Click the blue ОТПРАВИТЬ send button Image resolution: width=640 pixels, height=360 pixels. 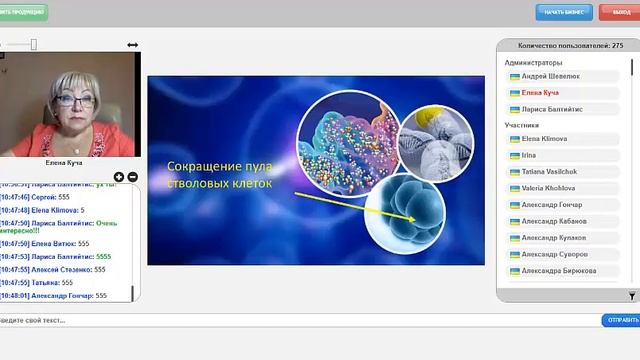(x=620, y=320)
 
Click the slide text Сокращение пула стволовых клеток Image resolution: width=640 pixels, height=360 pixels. (x=219, y=174)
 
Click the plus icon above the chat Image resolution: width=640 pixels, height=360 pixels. (x=119, y=177)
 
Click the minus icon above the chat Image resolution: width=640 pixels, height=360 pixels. (x=132, y=177)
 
